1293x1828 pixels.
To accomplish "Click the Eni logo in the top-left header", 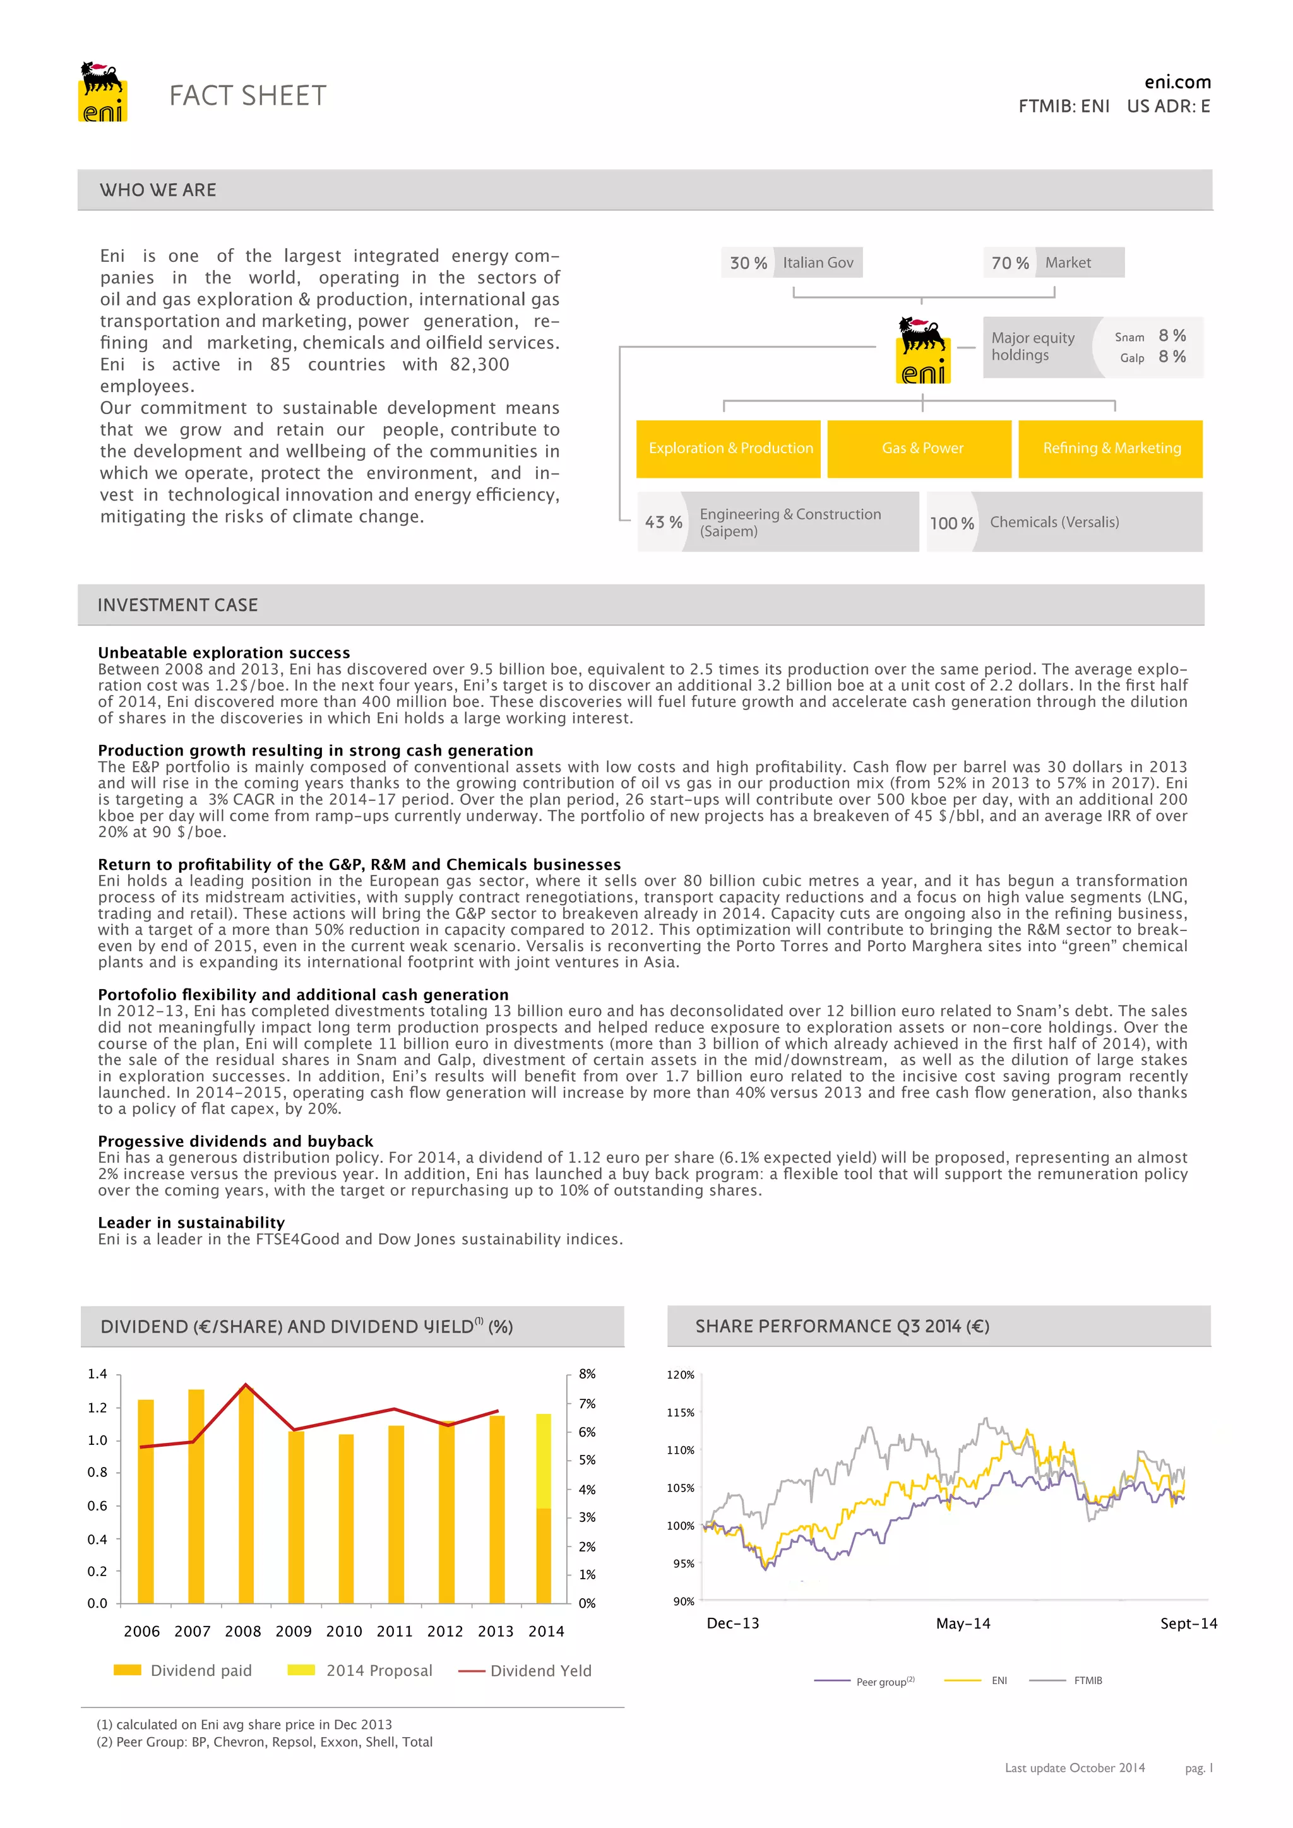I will [x=103, y=92].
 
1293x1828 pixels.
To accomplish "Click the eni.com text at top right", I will [x=1177, y=82].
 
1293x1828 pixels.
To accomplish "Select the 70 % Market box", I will [x=1052, y=263].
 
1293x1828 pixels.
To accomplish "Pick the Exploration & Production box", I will [x=729, y=449].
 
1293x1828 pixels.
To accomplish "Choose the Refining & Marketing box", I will [x=1111, y=449].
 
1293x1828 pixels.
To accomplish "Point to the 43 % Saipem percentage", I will [x=663, y=522].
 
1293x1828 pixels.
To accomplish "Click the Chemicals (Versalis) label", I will [x=1054, y=522].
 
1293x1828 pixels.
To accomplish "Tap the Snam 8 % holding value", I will [x=1172, y=336].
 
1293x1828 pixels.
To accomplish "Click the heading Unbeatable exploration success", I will [x=223, y=653].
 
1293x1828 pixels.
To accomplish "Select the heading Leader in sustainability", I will [x=191, y=1222].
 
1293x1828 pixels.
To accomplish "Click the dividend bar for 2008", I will [x=246, y=1497].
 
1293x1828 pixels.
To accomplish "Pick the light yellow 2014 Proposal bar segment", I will [x=544, y=1461].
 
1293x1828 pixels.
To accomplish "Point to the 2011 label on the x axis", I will [x=395, y=1631].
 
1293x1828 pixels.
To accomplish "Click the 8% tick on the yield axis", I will [x=587, y=1374].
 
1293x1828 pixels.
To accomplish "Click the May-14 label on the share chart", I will [x=963, y=1623].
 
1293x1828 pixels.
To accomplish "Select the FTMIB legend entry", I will [x=1088, y=1681].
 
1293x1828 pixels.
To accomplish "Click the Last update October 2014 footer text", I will [x=1075, y=1767].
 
